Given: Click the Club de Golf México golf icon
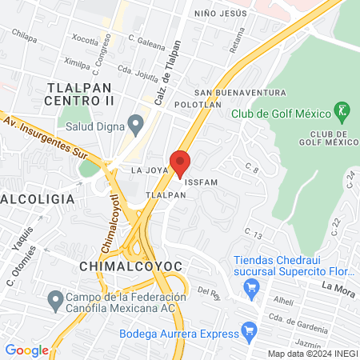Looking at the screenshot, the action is [342, 110].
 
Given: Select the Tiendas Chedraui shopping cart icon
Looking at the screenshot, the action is [252, 287].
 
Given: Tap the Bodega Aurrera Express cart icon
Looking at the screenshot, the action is [249, 328].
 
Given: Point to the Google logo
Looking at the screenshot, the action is [26, 350].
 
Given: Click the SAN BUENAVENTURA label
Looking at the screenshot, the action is [240, 93].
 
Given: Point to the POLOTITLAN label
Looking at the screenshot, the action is [198, 105].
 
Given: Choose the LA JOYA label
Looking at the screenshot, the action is [149, 170].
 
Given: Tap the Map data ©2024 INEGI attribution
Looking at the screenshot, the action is [311, 354].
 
